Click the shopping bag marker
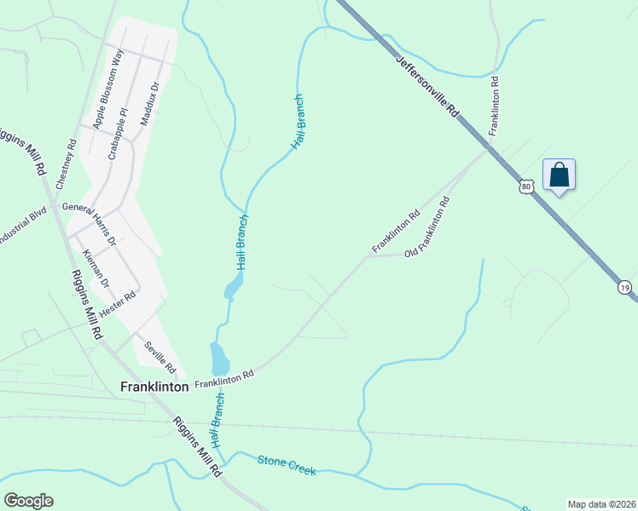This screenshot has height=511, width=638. (559, 175)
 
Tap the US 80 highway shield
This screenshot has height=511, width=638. (526, 186)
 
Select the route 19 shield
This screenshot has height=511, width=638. (625, 288)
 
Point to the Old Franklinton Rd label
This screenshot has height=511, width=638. (427, 228)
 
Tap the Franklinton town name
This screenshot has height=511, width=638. (154, 386)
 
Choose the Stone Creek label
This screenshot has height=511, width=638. (287, 465)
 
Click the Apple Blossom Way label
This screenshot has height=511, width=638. (108, 88)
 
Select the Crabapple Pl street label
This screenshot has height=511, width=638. (117, 133)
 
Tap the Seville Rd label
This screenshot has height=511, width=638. (159, 355)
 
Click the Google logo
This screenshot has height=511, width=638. (28, 501)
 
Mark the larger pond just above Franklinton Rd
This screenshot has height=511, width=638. (220, 359)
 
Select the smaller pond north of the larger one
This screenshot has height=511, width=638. (231, 289)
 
